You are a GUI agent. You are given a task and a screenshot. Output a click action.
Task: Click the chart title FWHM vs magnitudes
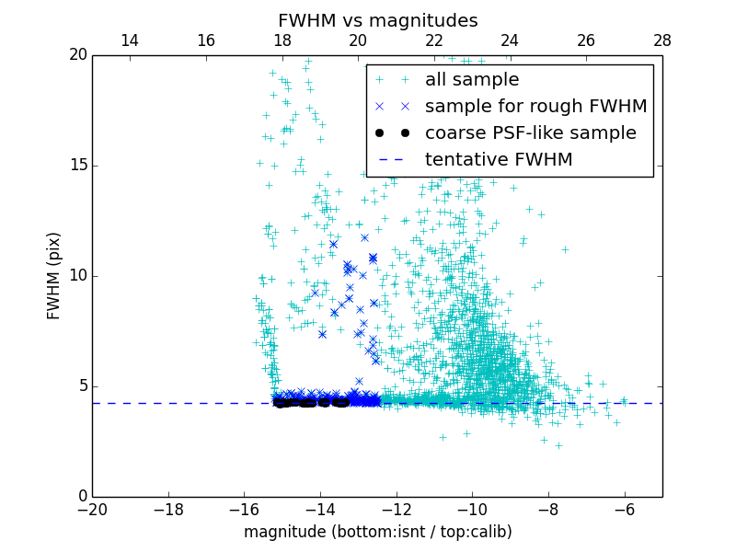pos(377,20)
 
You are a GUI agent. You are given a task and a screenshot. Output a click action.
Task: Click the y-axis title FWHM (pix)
pos(54,275)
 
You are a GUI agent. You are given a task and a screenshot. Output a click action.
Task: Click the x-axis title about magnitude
pos(377,532)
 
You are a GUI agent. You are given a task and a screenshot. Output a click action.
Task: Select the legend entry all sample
pos(471,80)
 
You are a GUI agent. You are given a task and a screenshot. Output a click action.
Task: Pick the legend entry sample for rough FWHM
pos(535,107)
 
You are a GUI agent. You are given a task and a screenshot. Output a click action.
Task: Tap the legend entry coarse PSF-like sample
pos(530,133)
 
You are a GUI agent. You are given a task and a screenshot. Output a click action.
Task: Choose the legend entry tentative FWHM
pos(498,160)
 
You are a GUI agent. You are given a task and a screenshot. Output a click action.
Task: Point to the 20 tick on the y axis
pos(77,55)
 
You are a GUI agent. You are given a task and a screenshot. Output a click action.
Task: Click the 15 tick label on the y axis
pos(77,166)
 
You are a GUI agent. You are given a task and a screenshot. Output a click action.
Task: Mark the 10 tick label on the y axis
pos(77,276)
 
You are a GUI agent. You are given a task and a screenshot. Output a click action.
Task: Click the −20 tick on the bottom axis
pos(92,510)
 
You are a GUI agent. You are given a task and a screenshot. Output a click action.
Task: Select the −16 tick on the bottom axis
pos(244,510)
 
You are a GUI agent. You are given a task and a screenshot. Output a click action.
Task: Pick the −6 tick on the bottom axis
pos(624,510)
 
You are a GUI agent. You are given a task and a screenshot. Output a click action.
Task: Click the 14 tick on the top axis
pos(130,40)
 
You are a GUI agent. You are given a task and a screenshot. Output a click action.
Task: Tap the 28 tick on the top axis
pos(661,40)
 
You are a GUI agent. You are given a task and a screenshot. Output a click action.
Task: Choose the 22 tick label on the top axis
pos(434,40)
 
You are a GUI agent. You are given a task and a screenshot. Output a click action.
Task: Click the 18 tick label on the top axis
pos(282,40)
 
